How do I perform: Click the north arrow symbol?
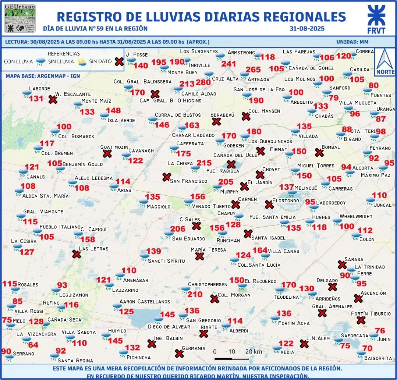coord(385,61)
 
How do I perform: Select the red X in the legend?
coord(118,61)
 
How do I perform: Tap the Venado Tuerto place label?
coord(211,206)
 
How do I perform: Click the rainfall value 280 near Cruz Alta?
coord(203,82)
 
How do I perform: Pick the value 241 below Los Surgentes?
coord(228,64)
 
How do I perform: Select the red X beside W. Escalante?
coord(53,99)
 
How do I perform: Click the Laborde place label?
coord(39,89)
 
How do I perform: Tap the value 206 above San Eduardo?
coord(178,229)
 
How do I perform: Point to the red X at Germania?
coord(179,354)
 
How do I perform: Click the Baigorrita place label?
coord(379,358)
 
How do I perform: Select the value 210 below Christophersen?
coord(195,294)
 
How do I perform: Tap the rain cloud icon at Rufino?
coord(61,306)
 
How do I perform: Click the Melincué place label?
coord(305,188)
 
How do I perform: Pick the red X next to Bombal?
coord(319,152)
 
